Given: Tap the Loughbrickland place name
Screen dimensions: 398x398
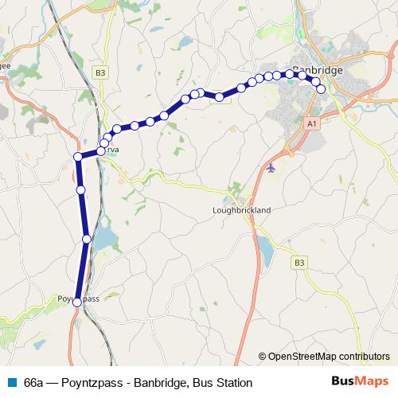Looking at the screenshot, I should click(x=243, y=210).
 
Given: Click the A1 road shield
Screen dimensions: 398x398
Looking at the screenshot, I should click(x=311, y=123).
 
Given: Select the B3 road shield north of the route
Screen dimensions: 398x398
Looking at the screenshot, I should click(x=99, y=72).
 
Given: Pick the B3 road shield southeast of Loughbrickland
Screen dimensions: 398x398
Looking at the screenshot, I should click(x=299, y=262).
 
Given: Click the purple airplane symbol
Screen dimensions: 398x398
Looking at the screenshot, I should click(x=272, y=168).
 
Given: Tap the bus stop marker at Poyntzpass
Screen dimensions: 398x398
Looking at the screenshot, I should click(x=77, y=302).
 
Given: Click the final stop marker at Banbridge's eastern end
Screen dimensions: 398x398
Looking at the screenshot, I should click(x=322, y=89).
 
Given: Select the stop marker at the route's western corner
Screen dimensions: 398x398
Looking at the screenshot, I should click(x=78, y=157).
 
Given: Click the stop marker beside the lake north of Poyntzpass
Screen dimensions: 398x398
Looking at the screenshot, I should click(x=87, y=239).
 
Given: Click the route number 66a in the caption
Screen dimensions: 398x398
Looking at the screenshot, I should click(x=34, y=383).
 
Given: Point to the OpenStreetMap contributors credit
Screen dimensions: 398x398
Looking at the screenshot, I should click(x=328, y=357).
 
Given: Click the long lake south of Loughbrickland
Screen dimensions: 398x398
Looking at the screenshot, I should click(x=263, y=252).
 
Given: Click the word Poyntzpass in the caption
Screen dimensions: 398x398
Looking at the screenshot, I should click(x=96, y=383).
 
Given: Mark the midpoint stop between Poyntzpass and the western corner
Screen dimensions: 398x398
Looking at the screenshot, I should click(x=81, y=189).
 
